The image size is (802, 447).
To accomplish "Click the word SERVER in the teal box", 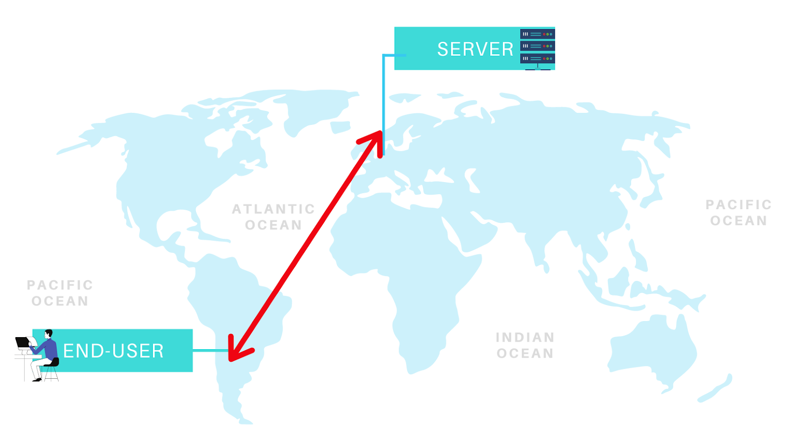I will coord(475,49).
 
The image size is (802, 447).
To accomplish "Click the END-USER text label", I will coord(113,351).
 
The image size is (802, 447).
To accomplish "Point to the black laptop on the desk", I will coord(23,343).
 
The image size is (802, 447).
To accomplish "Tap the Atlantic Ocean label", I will coord(273,217).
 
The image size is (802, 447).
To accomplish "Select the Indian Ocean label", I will coord(525,345).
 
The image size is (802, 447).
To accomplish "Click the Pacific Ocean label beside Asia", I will coord(738,213).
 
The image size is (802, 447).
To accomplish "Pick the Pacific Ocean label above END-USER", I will coord(60,293).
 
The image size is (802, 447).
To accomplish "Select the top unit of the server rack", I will coord(537,34).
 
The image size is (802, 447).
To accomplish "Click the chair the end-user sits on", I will coord(52,369).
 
